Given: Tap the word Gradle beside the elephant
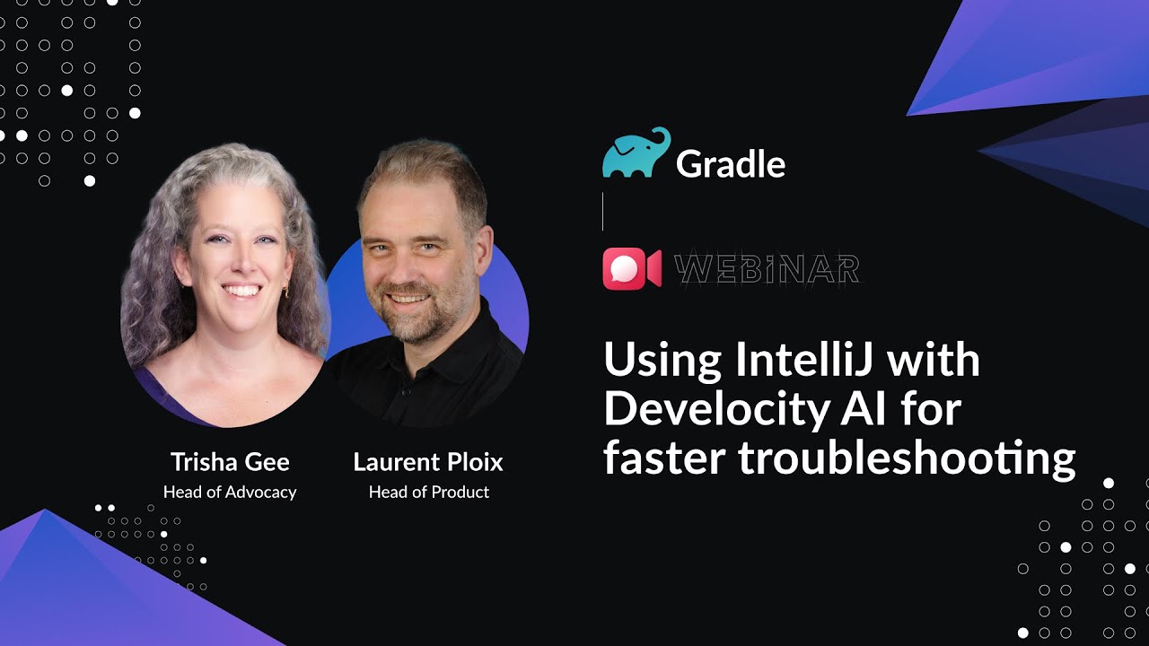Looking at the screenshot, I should tap(730, 163).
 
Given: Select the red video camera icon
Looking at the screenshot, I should tap(631, 268).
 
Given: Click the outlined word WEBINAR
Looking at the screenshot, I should tap(767, 269).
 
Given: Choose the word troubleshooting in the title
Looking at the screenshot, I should tap(907, 458).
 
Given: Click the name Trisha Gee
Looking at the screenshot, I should tap(230, 462).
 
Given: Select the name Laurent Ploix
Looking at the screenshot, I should tap(428, 462).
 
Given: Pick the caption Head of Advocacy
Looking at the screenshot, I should tap(230, 492).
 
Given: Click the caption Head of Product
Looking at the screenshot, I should tap(428, 492).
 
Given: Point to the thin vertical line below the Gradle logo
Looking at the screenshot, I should tap(602, 212).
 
